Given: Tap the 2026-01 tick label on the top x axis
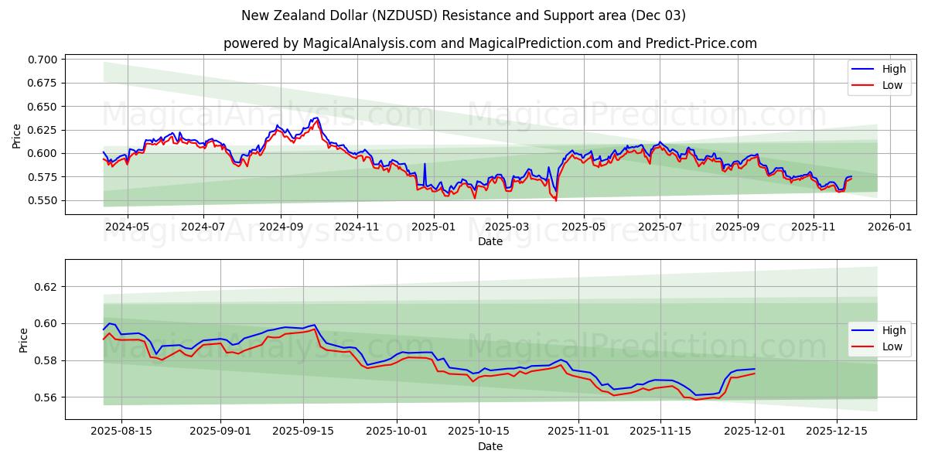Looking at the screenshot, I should coord(890,227).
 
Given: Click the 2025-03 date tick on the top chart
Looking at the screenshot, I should coord(507,227).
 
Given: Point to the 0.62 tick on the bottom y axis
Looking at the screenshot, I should coord(48,286).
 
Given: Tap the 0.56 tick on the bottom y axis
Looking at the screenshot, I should coord(48,397).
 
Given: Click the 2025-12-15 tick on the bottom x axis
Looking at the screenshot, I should coord(837,432).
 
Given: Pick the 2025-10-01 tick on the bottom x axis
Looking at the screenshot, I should coord(397,432).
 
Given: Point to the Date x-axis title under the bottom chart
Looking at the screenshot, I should coord(490,446).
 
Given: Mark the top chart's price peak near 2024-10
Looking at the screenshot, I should coord(316,118).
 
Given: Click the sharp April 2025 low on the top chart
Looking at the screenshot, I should coord(555,200).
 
